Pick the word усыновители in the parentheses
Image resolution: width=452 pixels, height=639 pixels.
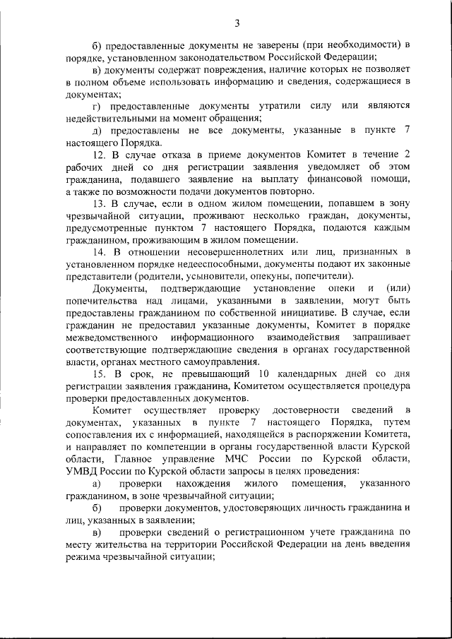pyautogui.click(x=206, y=277)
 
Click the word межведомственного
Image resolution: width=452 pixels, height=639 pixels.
pyautogui.click(x=113, y=338)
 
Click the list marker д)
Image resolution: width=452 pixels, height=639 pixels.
pyautogui.click(x=97, y=130)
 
